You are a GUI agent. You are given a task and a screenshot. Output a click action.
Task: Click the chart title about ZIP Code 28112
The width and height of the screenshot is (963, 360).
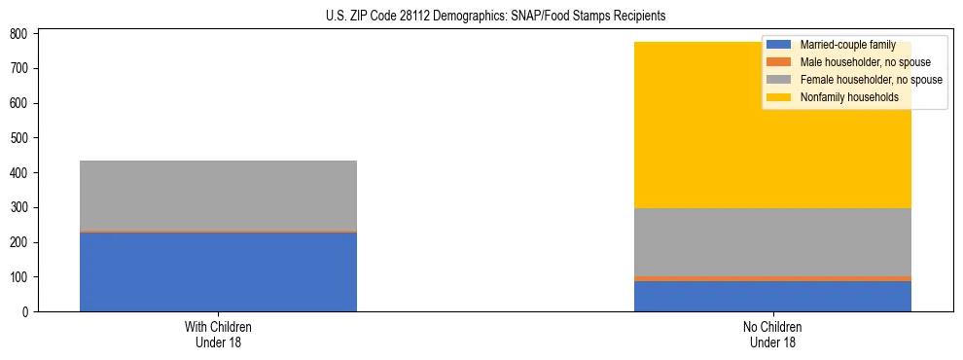[481, 17]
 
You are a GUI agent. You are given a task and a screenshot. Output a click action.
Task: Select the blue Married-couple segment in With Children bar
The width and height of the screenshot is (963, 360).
[218, 271]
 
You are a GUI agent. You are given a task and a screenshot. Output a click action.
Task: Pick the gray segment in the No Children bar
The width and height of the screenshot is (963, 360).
[772, 242]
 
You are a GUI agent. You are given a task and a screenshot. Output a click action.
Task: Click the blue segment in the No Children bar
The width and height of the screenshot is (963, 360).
[772, 296]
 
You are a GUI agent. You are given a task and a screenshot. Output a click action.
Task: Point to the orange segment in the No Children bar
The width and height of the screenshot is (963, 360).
[772, 278]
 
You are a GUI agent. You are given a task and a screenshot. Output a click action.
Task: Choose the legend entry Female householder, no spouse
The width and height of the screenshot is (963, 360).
[870, 80]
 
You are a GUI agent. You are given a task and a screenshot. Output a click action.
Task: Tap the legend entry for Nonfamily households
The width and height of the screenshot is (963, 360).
[848, 97]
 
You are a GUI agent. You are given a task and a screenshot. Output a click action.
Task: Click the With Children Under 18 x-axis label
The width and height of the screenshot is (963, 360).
[218, 335]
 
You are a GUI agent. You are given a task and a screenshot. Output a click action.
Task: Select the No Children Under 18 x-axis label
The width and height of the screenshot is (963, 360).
[772, 335]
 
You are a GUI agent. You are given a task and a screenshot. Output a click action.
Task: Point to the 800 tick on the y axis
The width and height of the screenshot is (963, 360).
[20, 34]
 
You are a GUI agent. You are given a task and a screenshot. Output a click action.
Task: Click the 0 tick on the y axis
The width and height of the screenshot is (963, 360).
[26, 312]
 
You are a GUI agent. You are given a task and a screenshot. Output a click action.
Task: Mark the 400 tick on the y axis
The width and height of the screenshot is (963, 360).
[20, 173]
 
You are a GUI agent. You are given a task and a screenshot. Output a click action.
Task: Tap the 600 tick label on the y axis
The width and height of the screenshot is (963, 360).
[20, 103]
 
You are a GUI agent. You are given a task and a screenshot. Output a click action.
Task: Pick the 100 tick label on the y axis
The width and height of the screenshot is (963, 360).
[20, 277]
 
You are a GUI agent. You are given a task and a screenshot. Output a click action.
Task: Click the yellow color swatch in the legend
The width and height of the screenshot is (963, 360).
[779, 97]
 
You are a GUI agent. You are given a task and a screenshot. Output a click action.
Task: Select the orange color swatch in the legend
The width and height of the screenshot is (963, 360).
[779, 62]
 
